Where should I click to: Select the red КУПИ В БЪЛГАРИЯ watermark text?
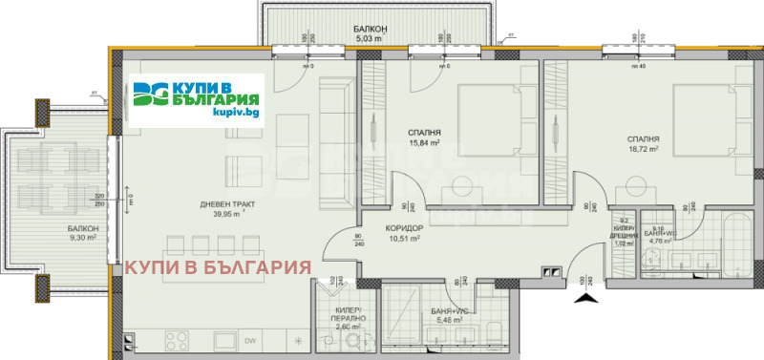218,266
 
